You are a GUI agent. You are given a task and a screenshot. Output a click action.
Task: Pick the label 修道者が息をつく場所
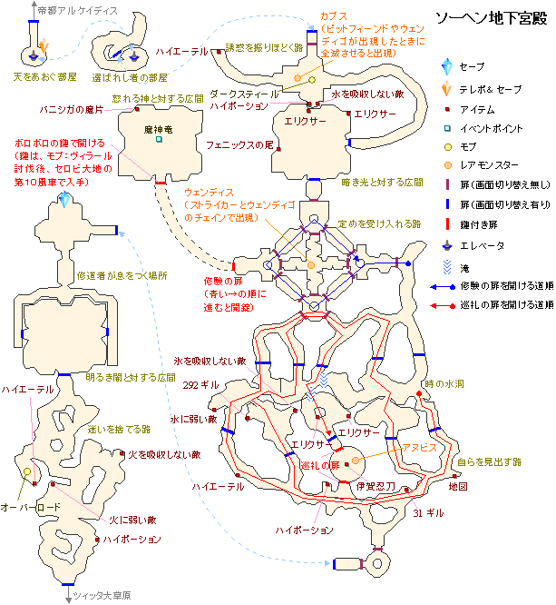tap(122, 274)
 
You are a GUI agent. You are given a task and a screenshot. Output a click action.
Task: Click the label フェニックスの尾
tap(239, 144)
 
